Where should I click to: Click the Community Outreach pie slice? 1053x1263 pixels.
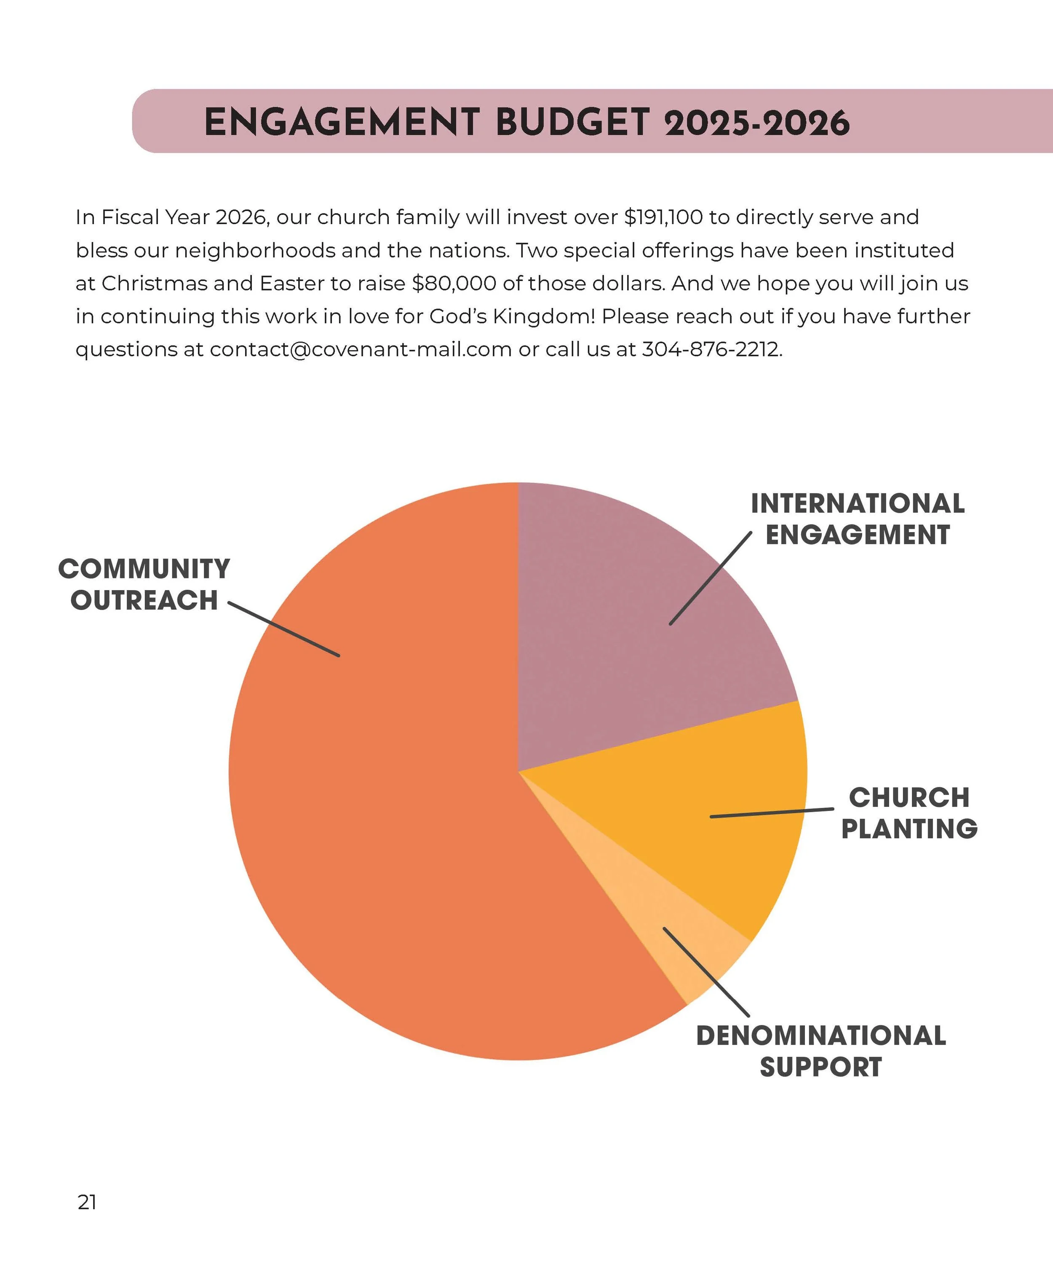click(385, 842)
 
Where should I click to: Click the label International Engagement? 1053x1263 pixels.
click(858, 519)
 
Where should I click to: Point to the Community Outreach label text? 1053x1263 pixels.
click(144, 585)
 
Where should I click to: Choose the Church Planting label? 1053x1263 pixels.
click(909, 813)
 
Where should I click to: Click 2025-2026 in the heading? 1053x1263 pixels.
click(756, 124)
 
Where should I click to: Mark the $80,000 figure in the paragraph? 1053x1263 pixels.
click(454, 283)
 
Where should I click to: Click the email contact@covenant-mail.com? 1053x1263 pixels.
click(361, 349)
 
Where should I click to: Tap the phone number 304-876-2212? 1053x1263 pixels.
click(711, 349)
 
